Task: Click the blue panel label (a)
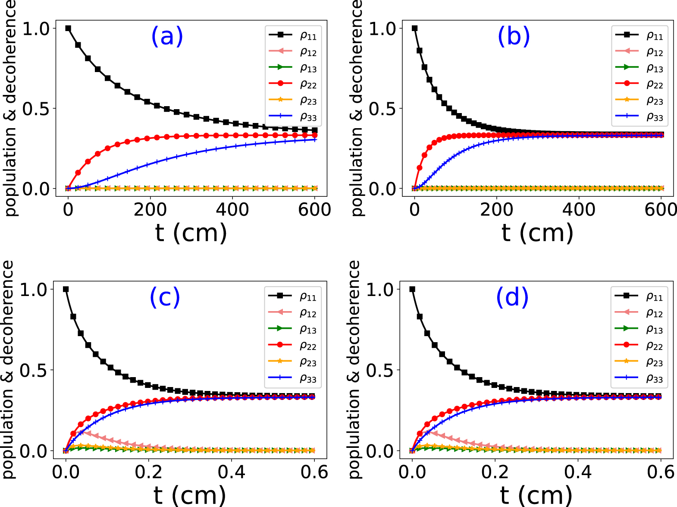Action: (167, 36)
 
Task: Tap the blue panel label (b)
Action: (514, 36)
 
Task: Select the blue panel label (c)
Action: (165, 297)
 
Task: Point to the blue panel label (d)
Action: (512, 297)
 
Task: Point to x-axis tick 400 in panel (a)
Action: (232, 210)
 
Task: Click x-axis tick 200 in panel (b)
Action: (497, 210)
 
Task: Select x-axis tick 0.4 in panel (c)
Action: (232, 472)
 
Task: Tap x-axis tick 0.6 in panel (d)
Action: (661, 472)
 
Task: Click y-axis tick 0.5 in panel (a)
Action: (36, 109)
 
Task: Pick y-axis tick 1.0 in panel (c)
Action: (34, 290)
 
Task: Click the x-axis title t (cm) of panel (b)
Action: (537, 233)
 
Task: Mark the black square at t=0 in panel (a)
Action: (68, 28)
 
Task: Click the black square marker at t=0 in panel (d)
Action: (412, 290)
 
